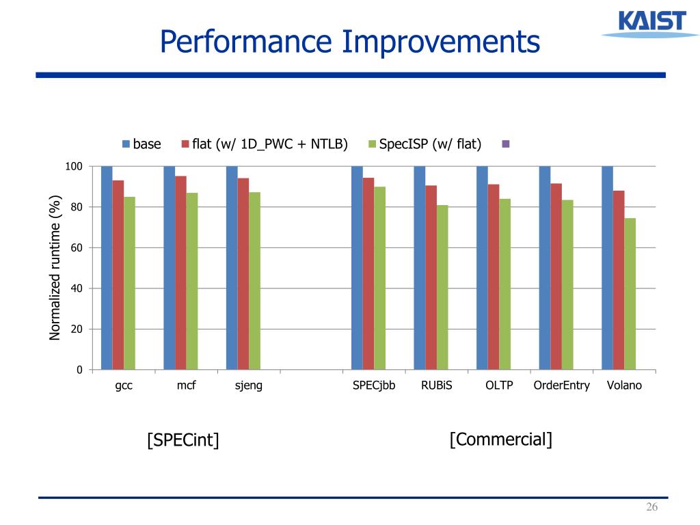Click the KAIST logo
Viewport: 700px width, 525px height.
pos(643,24)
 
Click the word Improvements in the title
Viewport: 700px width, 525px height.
pos(441,42)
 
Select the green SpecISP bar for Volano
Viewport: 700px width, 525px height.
pos(630,294)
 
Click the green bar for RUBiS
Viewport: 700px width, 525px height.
pos(442,287)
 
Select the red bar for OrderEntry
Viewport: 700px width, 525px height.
pos(556,276)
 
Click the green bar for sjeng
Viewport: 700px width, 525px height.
pos(254,281)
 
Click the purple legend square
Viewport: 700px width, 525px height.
pos(505,144)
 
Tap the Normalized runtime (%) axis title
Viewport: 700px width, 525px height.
pos(55,267)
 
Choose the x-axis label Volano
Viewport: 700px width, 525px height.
pos(624,386)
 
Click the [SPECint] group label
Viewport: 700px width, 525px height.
pos(183,440)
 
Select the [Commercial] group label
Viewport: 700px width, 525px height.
pos(500,439)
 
